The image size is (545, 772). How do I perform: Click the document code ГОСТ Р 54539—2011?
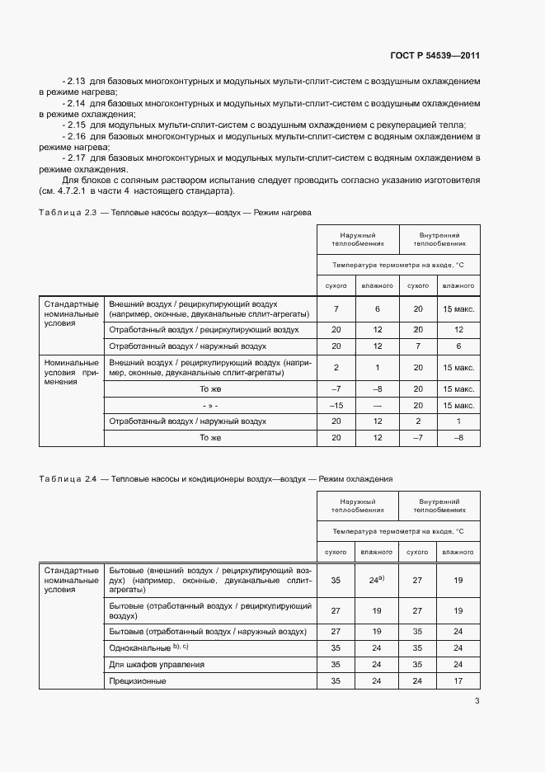click(435, 56)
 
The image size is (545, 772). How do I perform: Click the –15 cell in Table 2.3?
click(336, 405)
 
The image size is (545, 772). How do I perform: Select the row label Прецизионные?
click(138, 681)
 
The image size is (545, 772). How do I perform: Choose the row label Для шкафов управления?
click(157, 664)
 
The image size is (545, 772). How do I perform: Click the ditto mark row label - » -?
click(210, 405)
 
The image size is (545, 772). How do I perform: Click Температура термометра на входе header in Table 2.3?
click(397, 266)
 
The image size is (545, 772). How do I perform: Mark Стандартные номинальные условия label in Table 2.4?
click(71, 581)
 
